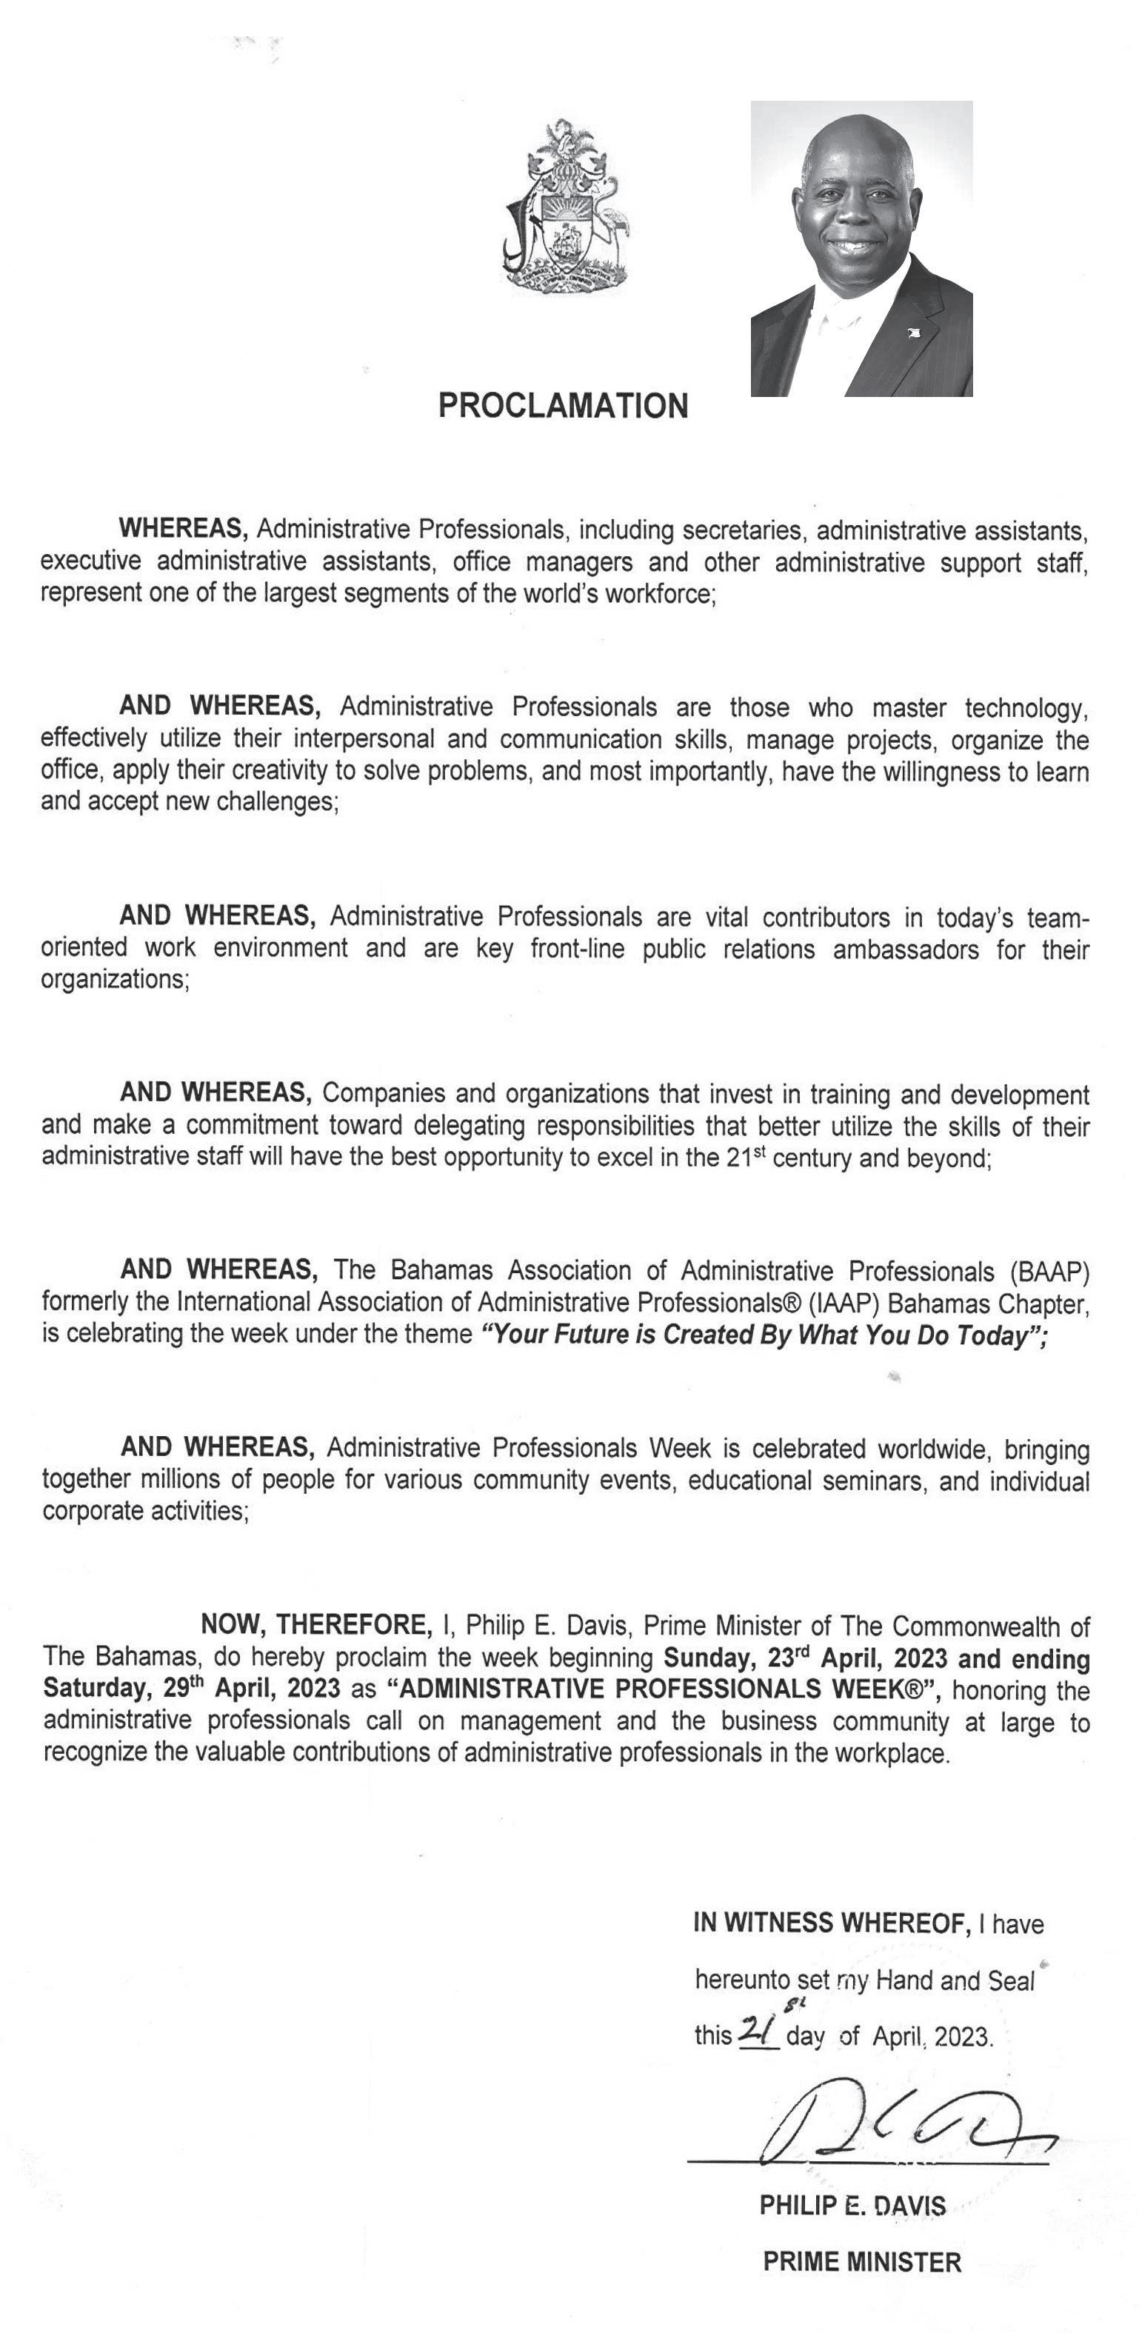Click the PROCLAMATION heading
click(563, 406)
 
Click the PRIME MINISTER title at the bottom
click(862, 2261)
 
